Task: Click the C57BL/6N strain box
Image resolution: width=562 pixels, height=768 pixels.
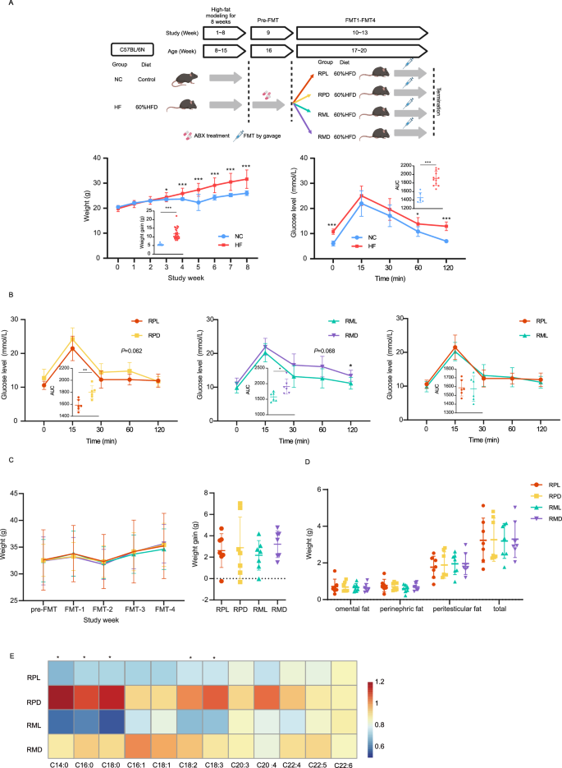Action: coord(134,51)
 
